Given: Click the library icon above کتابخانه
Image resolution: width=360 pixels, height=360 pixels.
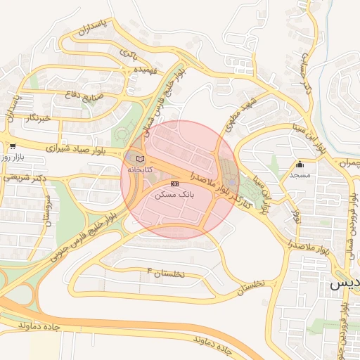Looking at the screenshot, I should coord(139,158).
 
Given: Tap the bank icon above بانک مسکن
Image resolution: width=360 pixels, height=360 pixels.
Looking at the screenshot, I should coord(175,184).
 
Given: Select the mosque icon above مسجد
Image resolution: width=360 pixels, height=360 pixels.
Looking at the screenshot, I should coord(300,163).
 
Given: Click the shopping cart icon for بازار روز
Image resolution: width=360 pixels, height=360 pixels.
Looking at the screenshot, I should coord(12,146).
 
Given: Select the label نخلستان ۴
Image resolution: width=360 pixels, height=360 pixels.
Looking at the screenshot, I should coord(165,272).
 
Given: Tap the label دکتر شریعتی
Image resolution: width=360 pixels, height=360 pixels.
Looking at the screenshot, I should coord(24,178).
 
